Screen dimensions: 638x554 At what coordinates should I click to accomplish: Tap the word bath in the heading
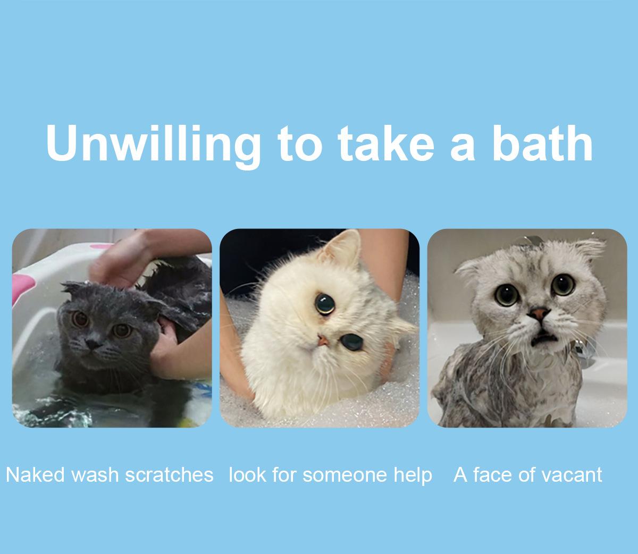pos(542,143)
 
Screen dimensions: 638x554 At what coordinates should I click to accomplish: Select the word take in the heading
pos(386,143)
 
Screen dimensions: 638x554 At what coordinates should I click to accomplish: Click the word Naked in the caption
pos(35,475)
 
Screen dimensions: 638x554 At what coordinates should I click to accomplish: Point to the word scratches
pos(169,475)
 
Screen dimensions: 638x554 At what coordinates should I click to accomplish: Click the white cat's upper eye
pos(325,304)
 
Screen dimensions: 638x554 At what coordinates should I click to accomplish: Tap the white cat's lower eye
pos(352,342)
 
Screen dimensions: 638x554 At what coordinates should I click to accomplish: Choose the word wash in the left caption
pos(95,475)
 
